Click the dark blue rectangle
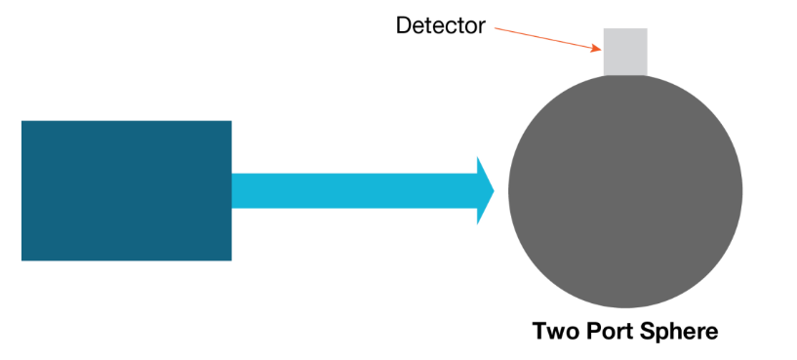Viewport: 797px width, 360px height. (x=126, y=190)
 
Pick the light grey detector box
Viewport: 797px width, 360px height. (x=624, y=51)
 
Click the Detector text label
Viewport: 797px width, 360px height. (x=440, y=25)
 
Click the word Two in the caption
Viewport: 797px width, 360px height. (x=554, y=332)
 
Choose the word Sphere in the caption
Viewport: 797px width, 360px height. (x=679, y=332)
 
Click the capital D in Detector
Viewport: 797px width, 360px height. (x=403, y=25)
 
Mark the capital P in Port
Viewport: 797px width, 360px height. (x=592, y=332)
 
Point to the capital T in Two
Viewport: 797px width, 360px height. (x=539, y=332)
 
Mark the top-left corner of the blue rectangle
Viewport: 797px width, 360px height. (x=22, y=121)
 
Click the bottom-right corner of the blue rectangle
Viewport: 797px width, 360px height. (x=230, y=260)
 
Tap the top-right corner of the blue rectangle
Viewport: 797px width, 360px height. (x=230, y=121)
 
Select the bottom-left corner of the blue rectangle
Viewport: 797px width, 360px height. (x=22, y=260)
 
